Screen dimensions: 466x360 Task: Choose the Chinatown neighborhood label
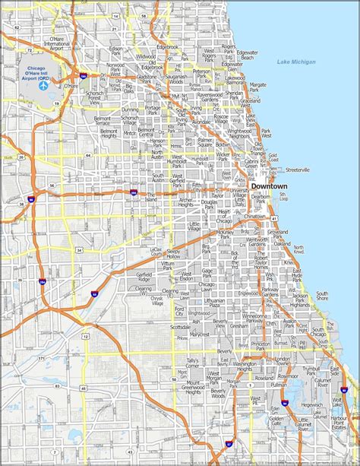(x=255, y=216)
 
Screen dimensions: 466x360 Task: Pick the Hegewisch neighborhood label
(x=311, y=385)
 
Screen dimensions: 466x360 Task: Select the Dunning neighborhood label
(x=131, y=110)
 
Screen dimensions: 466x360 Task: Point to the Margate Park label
(x=258, y=86)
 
